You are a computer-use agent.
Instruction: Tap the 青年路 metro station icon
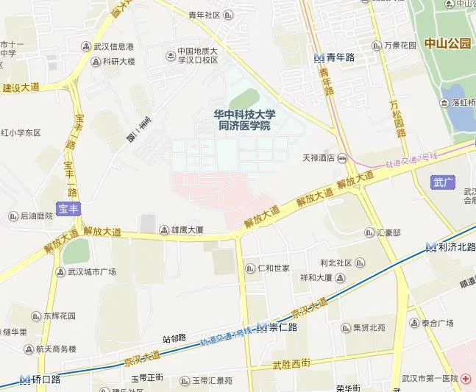pyautogui.click(x=319, y=57)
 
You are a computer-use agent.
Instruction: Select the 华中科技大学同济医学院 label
pyautogui.click(x=244, y=121)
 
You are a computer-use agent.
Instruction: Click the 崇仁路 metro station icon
pyautogui.click(x=261, y=327)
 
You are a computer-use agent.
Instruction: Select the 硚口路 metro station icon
pyautogui.click(x=25, y=379)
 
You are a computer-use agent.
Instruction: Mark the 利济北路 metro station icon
pyautogui.click(x=430, y=248)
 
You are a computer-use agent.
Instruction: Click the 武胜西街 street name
pyautogui.click(x=291, y=365)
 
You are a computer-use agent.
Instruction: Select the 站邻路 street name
pyautogui.click(x=174, y=339)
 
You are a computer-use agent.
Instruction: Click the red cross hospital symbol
pyautogui.click(x=466, y=378)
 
